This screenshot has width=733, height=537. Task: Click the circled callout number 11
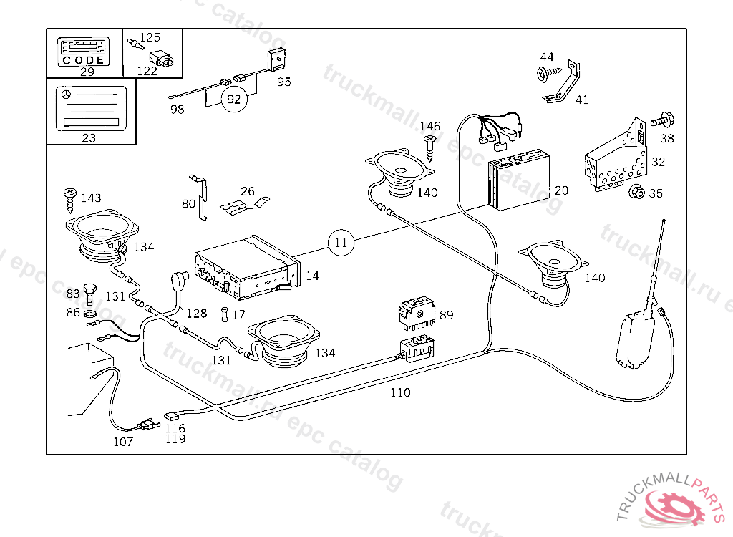pyautogui.click(x=341, y=243)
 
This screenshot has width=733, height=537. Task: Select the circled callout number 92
pyautogui.click(x=234, y=100)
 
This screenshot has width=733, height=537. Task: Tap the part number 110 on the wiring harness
pyautogui.click(x=400, y=392)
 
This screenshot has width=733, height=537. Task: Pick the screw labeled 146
pyautogui.click(x=430, y=146)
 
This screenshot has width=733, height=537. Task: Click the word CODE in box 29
pyautogui.click(x=83, y=60)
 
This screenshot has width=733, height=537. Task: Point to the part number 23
pyautogui.click(x=89, y=138)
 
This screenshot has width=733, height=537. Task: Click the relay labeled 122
pyautogui.click(x=160, y=59)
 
